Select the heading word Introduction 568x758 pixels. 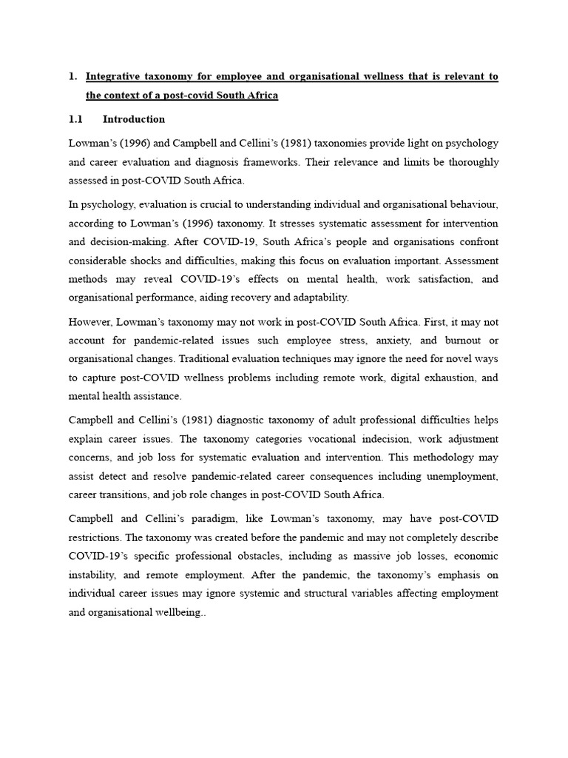tap(134, 119)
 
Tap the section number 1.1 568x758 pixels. tap(76, 119)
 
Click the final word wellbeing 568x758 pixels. tap(178, 613)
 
